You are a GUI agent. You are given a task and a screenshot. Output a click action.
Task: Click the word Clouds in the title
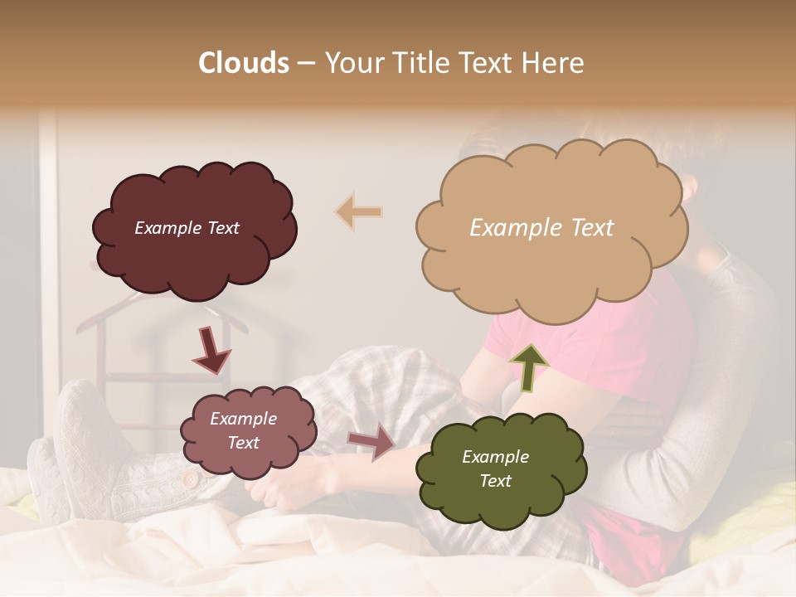click(244, 63)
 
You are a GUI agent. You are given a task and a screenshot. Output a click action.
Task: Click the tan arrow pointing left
click(359, 211)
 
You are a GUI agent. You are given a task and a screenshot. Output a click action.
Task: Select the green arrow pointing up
click(529, 366)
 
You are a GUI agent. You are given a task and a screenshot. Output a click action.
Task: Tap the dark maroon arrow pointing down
click(212, 351)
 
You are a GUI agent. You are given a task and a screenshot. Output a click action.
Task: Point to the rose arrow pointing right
click(373, 441)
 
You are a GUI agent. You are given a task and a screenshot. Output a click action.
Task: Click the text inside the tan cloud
click(541, 228)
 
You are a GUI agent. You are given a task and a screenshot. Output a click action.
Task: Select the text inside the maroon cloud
click(187, 228)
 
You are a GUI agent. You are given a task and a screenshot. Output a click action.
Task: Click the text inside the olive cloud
click(495, 468)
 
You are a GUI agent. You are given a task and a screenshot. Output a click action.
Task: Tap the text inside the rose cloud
click(243, 430)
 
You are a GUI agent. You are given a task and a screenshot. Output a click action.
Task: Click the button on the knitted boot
click(191, 479)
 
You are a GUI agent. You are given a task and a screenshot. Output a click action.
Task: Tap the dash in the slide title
click(306, 64)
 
